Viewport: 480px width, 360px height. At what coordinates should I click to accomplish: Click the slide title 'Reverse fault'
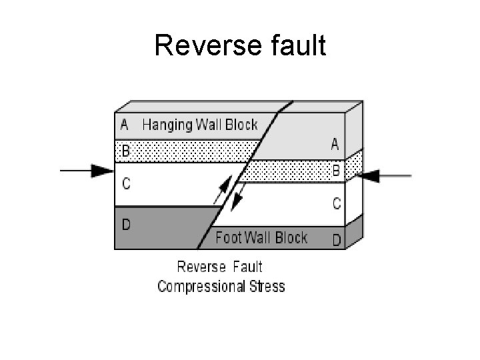coord(240,46)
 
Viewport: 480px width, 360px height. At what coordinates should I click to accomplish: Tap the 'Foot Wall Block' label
coord(261,237)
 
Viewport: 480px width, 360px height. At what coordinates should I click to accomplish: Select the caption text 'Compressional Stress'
coord(221,287)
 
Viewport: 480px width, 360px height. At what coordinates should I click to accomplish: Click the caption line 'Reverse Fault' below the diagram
coord(219,267)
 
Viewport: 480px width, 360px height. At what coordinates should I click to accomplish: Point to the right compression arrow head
coord(368,176)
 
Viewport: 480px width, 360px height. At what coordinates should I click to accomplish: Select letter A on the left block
coord(124,125)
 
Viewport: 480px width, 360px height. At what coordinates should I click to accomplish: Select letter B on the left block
coord(125,151)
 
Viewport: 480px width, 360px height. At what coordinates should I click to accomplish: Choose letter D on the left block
coord(126,224)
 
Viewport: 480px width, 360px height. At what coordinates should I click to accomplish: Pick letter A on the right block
coord(335,144)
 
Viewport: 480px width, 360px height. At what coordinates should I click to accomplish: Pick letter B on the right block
coord(336,171)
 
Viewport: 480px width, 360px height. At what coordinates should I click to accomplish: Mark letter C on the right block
coord(337,203)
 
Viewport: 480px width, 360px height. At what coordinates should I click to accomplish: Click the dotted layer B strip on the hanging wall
coord(187,151)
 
